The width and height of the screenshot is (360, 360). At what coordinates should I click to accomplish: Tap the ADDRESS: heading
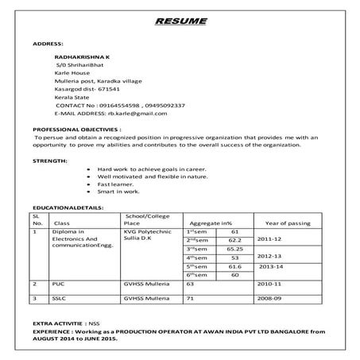(x=48, y=44)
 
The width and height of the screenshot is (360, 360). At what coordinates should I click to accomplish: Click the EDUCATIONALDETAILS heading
(x=71, y=208)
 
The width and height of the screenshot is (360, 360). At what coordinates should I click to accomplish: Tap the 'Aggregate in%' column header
(x=211, y=223)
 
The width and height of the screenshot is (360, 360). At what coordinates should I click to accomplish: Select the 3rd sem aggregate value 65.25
(x=234, y=249)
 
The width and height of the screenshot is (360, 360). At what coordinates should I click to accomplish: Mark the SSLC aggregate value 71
(x=190, y=298)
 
